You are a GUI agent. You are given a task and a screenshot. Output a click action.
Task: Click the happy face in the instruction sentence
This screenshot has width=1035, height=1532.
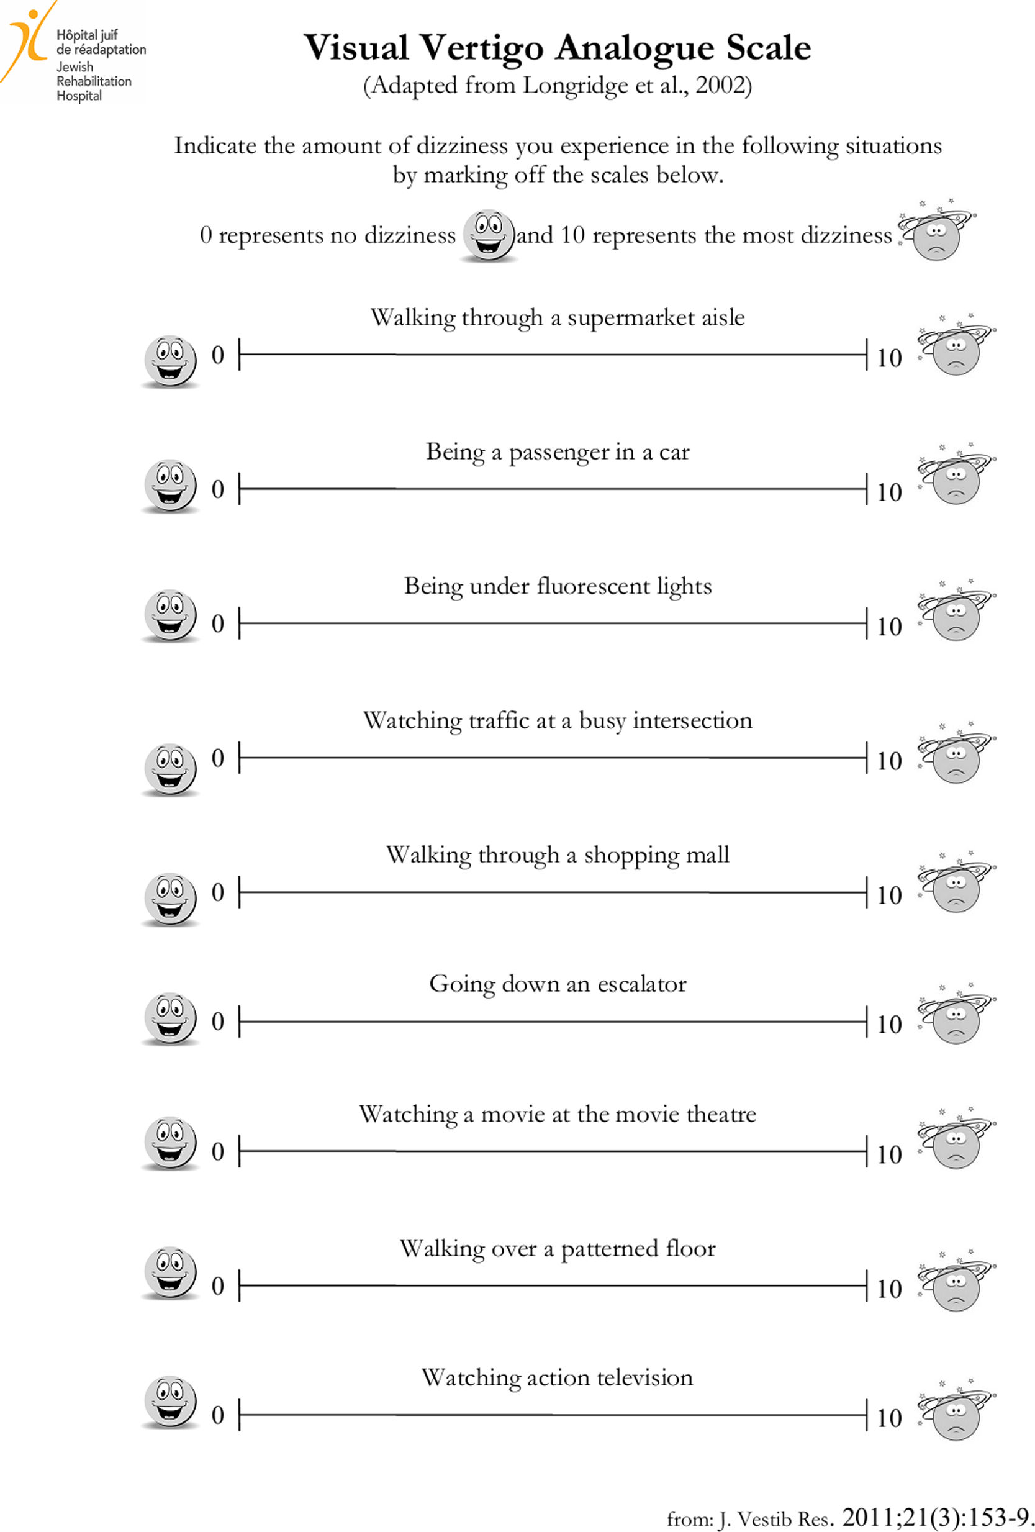click(x=489, y=235)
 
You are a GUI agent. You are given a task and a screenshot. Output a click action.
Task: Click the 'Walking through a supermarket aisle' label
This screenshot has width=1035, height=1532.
click(x=557, y=318)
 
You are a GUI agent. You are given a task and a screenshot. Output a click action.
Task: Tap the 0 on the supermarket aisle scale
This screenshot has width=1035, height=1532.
click(x=217, y=355)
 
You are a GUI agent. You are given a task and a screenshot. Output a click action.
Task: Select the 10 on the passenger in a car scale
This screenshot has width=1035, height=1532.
click(x=888, y=492)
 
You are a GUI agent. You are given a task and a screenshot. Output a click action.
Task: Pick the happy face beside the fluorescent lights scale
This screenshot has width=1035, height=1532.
click(x=170, y=615)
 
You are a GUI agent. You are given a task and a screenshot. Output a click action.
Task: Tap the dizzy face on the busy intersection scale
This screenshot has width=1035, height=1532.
click(x=956, y=757)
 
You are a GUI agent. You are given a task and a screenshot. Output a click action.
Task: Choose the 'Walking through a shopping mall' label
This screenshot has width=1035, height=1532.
click(x=557, y=855)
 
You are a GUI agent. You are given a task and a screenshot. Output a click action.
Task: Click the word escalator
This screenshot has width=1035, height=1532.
click(x=641, y=984)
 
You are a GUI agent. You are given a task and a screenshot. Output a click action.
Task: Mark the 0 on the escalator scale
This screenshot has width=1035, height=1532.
click(x=217, y=1022)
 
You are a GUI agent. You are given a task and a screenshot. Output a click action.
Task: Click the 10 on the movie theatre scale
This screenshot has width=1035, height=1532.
click(x=888, y=1155)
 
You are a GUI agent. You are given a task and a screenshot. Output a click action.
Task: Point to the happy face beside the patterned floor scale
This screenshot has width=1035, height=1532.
click(x=170, y=1272)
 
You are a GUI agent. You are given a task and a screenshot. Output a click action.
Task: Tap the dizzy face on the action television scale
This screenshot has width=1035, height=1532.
click(x=956, y=1414)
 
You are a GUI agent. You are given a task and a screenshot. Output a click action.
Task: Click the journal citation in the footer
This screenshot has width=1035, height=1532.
click(x=850, y=1518)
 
